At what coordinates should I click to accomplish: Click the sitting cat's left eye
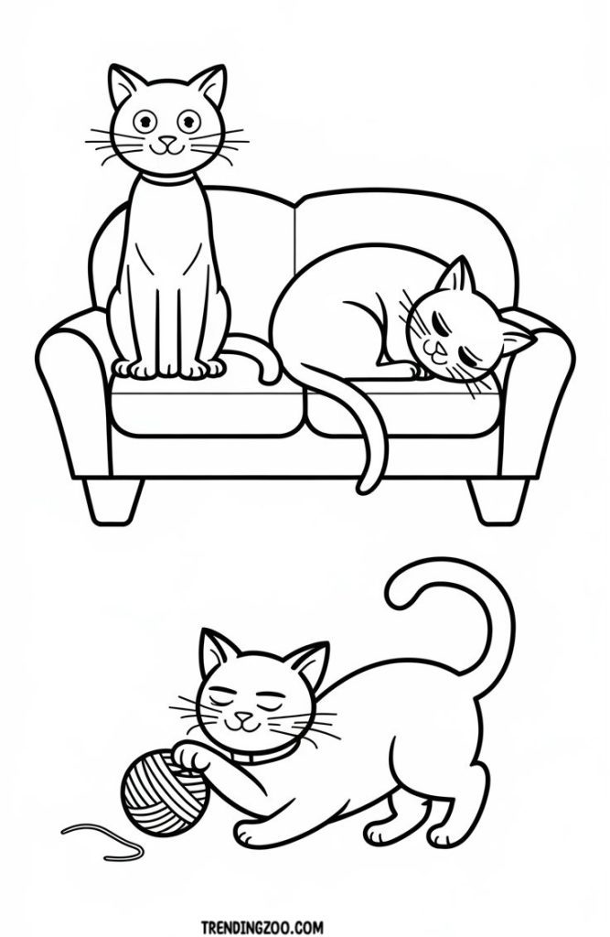click(144, 122)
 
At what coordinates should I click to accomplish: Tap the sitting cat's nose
click(169, 141)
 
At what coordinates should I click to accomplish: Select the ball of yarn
click(165, 793)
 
